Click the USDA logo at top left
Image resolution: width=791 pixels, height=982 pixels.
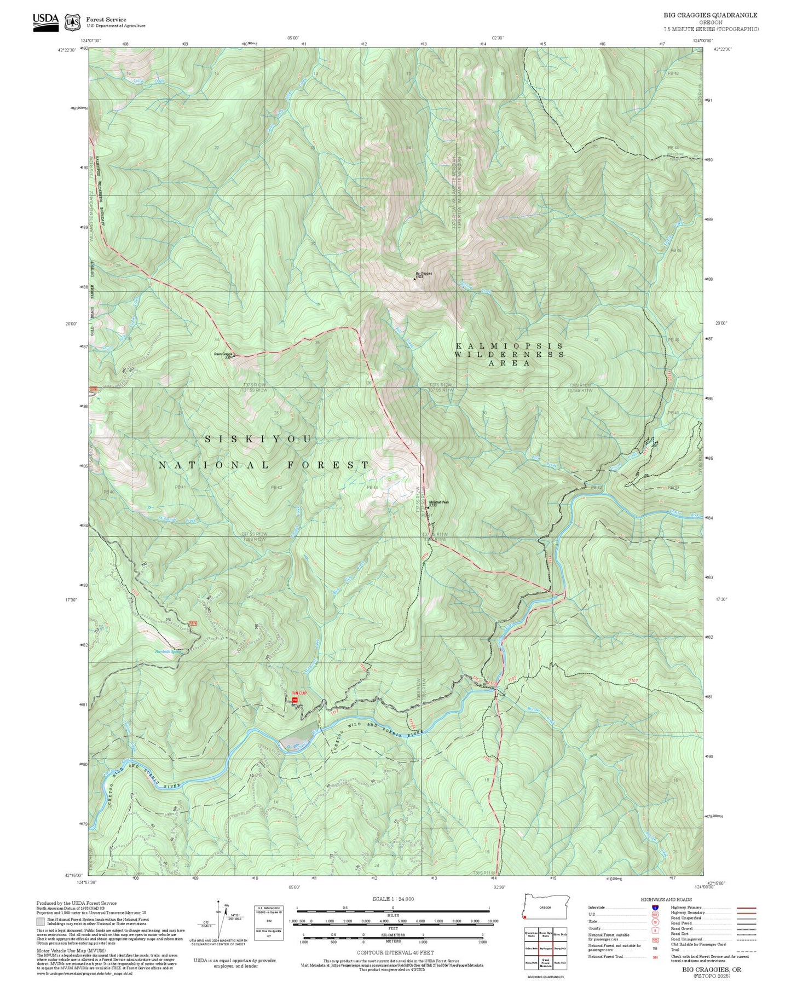(45, 21)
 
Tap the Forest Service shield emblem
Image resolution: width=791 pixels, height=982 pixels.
(72, 22)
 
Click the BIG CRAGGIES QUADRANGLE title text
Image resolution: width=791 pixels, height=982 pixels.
(710, 15)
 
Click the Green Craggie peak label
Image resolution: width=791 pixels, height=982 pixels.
(223, 354)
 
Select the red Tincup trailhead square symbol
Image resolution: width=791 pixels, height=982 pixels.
(295, 700)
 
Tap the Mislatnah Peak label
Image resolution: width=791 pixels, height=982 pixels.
(438, 501)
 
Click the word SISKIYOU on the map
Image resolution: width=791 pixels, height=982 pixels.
(258, 439)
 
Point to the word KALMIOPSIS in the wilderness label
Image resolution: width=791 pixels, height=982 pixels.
(509, 346)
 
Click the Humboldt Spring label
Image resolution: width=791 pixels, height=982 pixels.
(168, 651)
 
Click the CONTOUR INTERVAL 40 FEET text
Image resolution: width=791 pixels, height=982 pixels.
(395, 952)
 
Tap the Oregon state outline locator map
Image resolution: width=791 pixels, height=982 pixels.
(546, 908)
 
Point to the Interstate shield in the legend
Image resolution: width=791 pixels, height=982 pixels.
(655, 908)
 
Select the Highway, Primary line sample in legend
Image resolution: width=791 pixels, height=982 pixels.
(746, 908)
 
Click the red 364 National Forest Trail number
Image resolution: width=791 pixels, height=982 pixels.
(655, 956)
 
